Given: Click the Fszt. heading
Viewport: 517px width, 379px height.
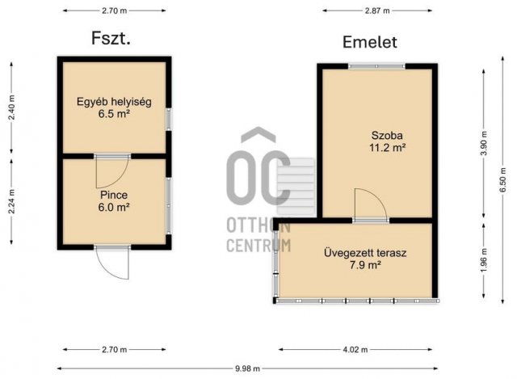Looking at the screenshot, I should (x=111, y=37).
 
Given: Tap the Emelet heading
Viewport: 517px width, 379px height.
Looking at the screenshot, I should (x=370, y=42).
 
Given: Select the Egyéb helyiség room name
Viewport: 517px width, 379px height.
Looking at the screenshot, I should (x=114, y=102).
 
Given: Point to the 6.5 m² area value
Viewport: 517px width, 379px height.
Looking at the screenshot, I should (x=114, y=115).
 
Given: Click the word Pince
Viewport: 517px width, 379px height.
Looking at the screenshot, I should (x=114, y=195).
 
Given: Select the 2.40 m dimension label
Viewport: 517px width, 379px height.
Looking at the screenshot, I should (x=11, y=107).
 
